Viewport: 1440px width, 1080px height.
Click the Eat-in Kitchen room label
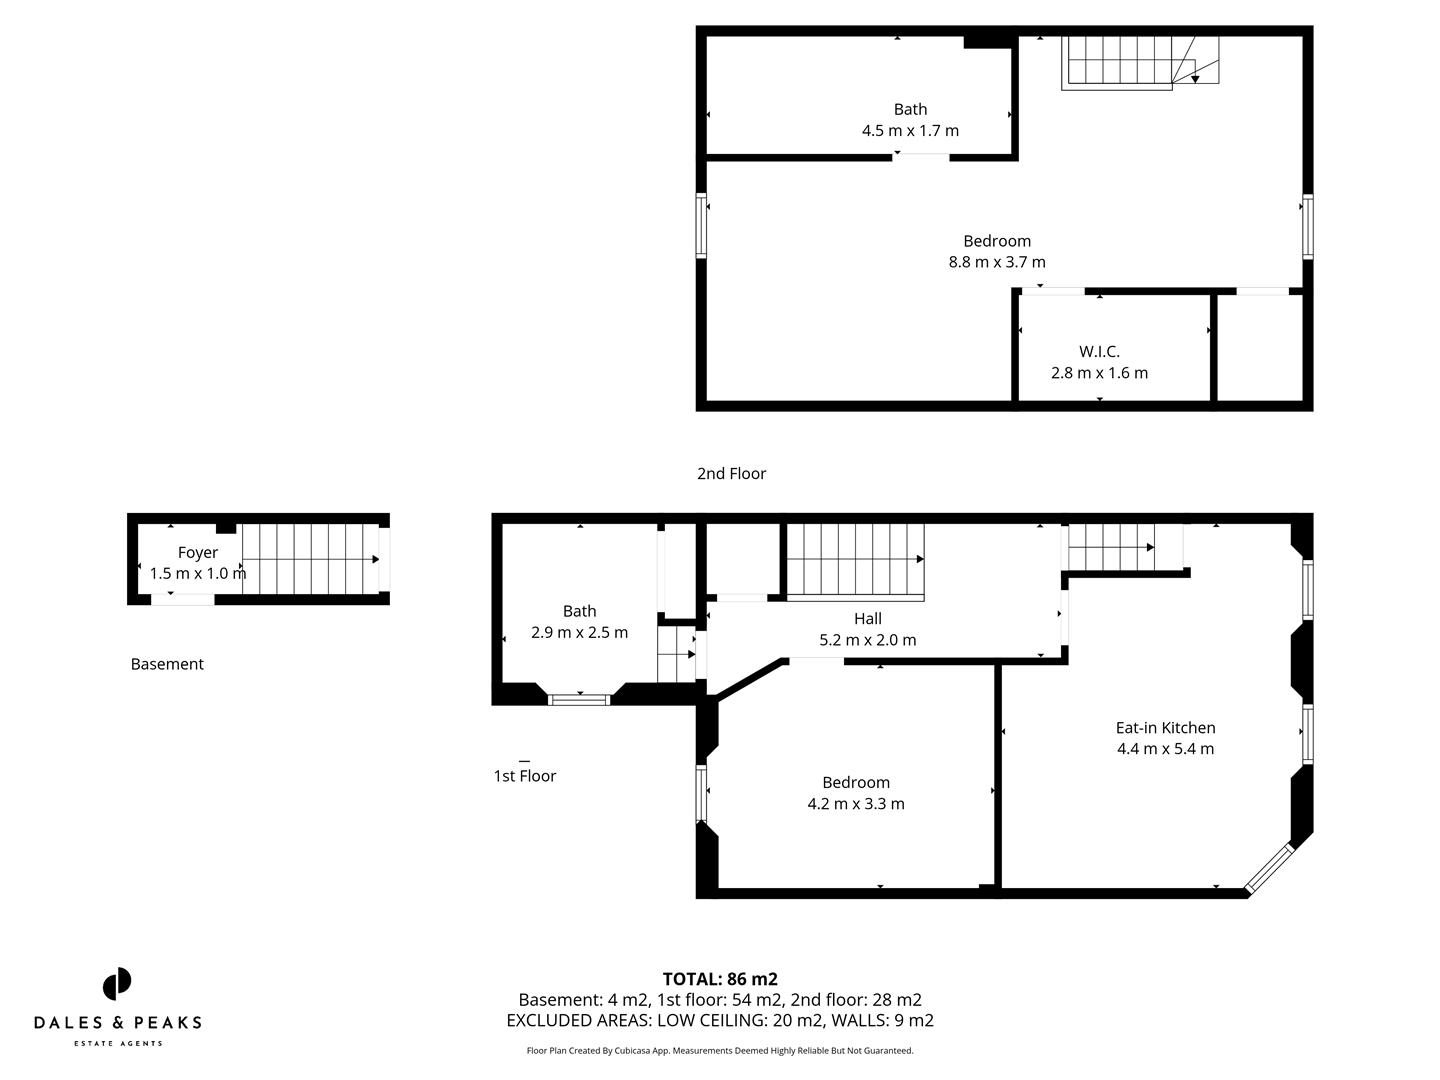point(1165,728)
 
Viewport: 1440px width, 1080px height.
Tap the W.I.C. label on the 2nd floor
point(1099,351)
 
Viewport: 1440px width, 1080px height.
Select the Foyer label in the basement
point(197,552)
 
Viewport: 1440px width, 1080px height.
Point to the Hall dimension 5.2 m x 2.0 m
point(867,640)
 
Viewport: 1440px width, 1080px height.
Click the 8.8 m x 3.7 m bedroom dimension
point(996,262)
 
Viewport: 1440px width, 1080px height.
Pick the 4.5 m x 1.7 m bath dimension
point(910,130)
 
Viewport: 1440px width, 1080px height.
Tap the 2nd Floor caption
point(731,473)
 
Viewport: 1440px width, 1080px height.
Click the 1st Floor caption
point(524,776)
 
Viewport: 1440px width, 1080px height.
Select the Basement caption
point(167,664)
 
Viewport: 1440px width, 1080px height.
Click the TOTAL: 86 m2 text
point(720,979)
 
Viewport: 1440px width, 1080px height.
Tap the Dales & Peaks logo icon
point(117,984)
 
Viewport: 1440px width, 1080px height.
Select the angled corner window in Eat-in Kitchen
point(1268,867)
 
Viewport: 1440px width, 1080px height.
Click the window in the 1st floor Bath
point(580,699)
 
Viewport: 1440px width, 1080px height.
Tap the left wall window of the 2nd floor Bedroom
point(701,225)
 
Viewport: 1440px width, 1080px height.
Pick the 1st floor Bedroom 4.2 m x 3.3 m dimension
point(855,804)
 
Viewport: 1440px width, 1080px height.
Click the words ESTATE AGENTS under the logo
point(117,1044)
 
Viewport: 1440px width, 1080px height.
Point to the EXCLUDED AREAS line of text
point(720,1020)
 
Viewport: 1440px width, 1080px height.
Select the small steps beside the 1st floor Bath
point(676,654)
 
